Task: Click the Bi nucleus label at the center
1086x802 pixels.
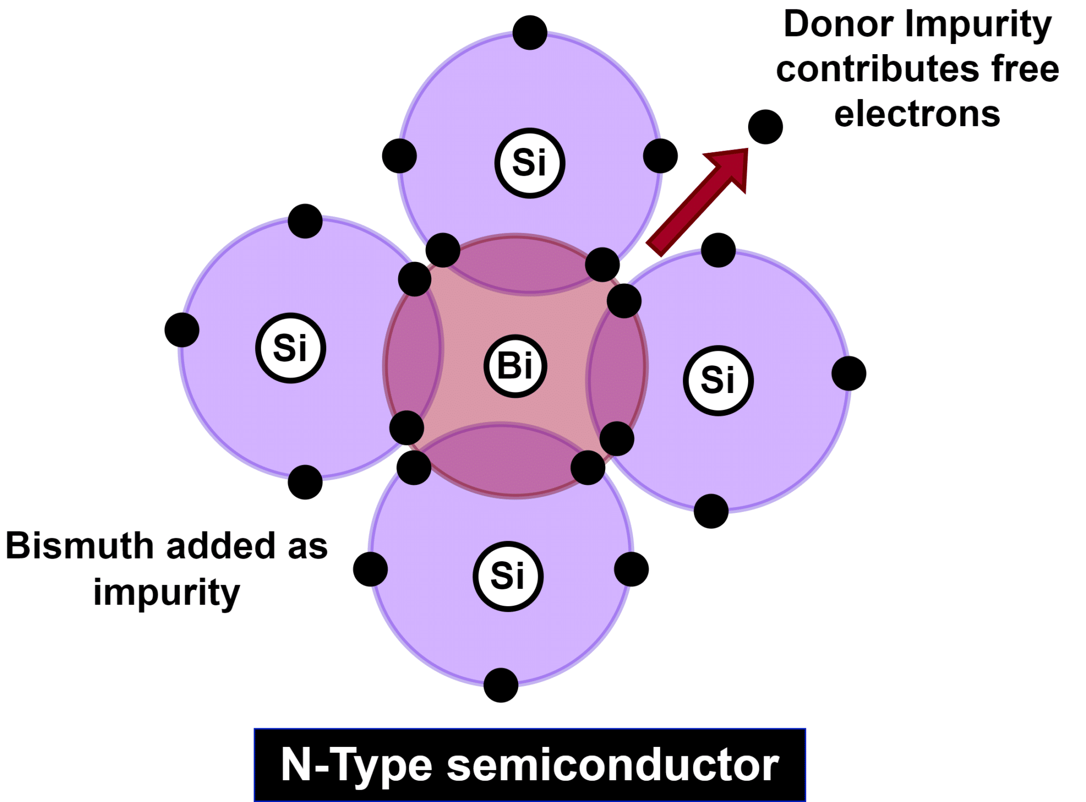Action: point(515,366)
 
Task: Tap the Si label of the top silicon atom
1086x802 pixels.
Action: point(529,163)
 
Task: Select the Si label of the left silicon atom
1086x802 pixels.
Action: point(290,348)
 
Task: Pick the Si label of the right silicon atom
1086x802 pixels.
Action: point(718,380)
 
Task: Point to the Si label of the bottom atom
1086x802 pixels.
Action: point(507,576)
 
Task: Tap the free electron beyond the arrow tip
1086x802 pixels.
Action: point(765,127)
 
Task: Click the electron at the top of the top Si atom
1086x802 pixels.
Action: point(530,32)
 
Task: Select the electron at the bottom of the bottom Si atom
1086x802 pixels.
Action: point(501,685)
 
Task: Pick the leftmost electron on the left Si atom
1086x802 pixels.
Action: point(182,330)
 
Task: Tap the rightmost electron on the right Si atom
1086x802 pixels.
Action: point(848,373)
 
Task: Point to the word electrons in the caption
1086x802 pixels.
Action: point(917,114)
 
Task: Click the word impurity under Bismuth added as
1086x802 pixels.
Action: point(167,593)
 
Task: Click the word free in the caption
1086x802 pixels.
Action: point(1025,69)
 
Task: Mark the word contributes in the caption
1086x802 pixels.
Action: point(877,69)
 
